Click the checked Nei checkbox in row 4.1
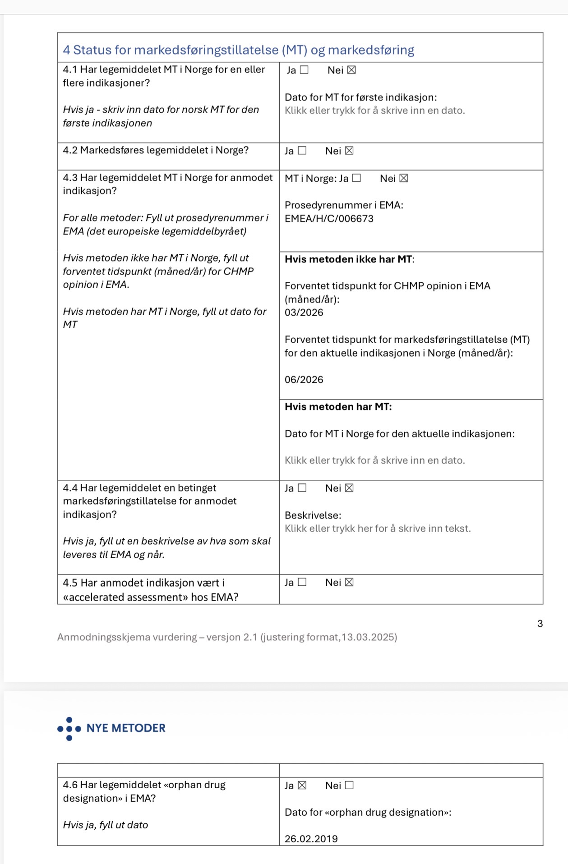point(351,70)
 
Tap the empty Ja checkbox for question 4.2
point(302,151)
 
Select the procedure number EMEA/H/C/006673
point(329,219)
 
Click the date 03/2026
point(304,313)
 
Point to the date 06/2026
point(304,380)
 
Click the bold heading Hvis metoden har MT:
point(338,407)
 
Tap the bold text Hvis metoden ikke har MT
point(348,259)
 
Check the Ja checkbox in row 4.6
point(302,786)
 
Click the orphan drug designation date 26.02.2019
point(311,839)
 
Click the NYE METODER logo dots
point(69,729)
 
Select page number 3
point(540,624)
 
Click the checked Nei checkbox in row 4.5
point(349,583)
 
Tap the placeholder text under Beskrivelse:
point(377,529)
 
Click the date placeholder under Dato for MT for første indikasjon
point(374,110)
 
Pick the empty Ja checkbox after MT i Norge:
point(356,178)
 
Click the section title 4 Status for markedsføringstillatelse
point(238,50)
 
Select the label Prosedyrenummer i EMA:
point(344,205)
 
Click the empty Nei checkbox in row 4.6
point(349,786)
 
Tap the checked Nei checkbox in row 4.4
point(349,488)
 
